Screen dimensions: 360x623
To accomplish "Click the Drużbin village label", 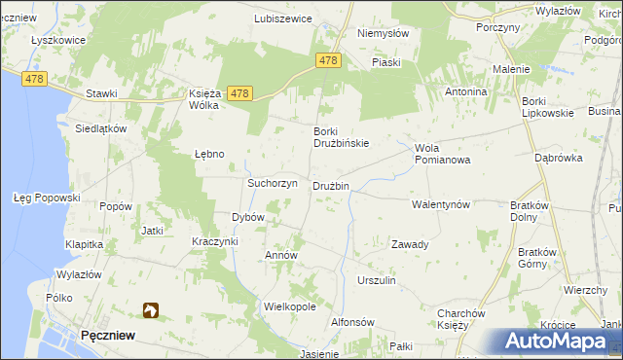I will [330, 186].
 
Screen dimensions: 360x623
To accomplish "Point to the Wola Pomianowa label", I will [442, 154].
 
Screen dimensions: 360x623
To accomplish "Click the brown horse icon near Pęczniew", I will [151, 310].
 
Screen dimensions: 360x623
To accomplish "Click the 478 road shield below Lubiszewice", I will [328, 60].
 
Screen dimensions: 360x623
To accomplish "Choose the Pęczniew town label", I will [108, 335].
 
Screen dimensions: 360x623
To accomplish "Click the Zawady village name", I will [410, 244].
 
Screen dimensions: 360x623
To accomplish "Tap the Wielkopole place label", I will [290, 306].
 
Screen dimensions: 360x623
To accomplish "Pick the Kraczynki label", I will [214, 240].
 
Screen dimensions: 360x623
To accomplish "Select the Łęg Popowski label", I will [46, 198].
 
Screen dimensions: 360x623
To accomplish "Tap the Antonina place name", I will [465, 91].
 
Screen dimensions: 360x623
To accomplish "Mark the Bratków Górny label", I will [533, 258].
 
